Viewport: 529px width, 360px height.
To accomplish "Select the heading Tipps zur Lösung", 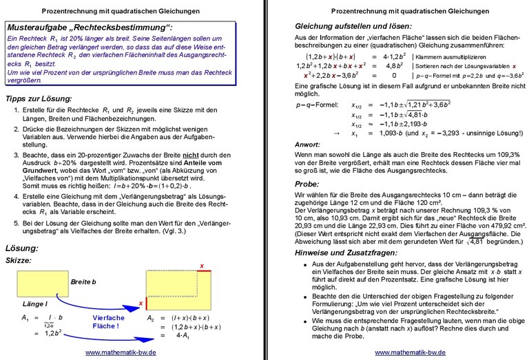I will point(39,98).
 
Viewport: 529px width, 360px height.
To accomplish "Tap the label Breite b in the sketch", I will point(85,282).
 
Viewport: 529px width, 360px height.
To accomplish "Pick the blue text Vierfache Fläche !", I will point(107,322).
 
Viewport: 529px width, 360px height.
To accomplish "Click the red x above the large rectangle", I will point(201,266).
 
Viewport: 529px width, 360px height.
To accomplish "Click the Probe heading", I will point(307,184).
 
